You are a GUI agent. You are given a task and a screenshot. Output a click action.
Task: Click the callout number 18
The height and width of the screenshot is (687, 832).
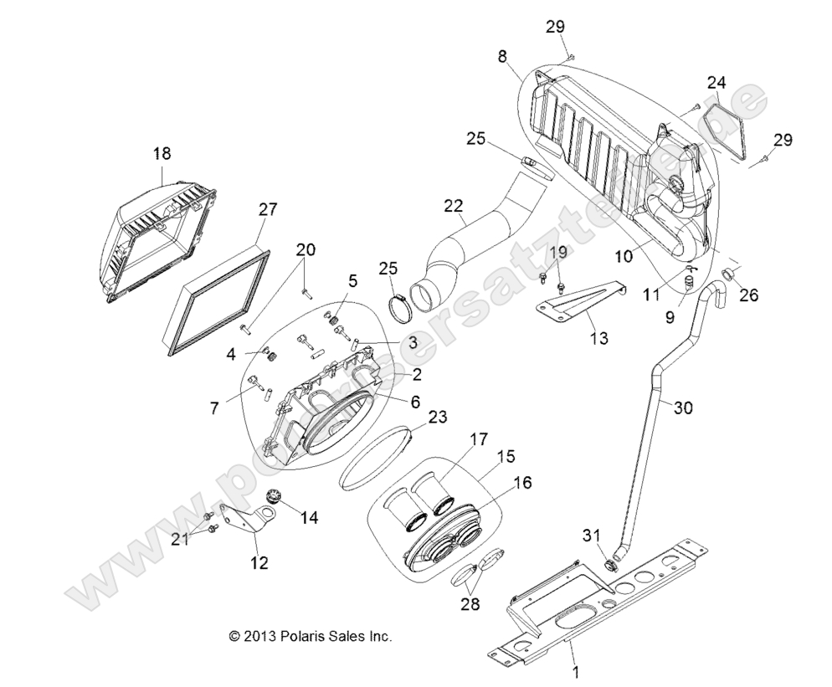point(161,153)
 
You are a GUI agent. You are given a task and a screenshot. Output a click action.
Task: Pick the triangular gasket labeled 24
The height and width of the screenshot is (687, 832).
point(724,127)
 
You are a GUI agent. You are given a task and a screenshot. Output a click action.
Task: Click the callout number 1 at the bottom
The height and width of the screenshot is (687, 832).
point(574,671)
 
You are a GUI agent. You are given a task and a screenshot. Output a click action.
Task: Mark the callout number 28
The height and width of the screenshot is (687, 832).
point(470,603)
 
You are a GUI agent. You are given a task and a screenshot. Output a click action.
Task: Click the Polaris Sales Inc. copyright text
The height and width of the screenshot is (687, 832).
point(311,636)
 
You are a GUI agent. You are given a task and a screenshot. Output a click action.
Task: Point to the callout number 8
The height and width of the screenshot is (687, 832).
point(502,56)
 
